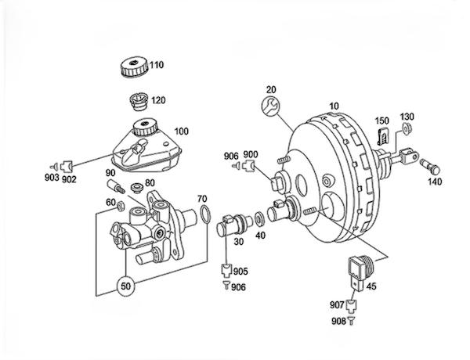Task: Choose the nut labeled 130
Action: [406, 129]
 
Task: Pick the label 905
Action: [240, 271]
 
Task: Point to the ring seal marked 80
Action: [136, 187]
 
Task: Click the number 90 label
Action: [110, 173]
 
